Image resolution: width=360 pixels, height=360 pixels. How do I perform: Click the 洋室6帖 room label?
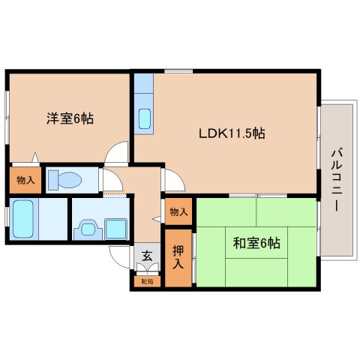70,118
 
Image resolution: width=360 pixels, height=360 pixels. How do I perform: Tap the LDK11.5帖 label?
232,133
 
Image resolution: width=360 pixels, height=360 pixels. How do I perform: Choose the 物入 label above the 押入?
178,212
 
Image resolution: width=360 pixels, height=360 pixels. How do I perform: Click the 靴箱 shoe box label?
145,282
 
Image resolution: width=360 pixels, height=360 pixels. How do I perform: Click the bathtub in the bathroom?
24,218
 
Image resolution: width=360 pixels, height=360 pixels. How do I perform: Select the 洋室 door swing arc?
117,153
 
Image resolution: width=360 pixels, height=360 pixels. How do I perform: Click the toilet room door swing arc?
110,181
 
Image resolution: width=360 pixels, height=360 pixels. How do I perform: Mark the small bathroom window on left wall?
7,218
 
